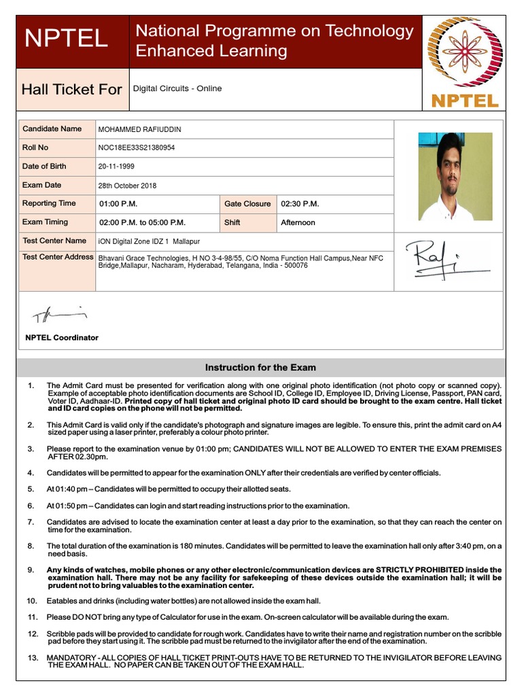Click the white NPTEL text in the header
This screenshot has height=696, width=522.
[x=66, y=39]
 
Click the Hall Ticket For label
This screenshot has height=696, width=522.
[x=72, y=89]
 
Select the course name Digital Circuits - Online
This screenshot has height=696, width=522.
[x=177, y=88]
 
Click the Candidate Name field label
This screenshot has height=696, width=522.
[x=52, y=128]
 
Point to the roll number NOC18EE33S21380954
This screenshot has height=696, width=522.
[x=137, y=147]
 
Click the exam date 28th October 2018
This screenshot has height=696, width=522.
[x=127, y=186]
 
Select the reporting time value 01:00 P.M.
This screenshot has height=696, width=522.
[x=118, y=204]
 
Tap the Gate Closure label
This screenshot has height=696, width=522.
[x=247, y=204]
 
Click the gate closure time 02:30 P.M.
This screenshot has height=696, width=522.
[x=300, y=204]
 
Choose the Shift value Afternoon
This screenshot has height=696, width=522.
[x=298, y=222]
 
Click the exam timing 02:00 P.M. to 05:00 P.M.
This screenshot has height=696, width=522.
[x=142, y=222]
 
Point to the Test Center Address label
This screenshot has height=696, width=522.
[x=58, y=257]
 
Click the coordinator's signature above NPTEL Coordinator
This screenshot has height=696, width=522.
[x=60, y=315]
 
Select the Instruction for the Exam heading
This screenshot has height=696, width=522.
[x=260, y=368]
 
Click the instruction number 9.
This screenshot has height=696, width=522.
[x=31, y=570]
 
